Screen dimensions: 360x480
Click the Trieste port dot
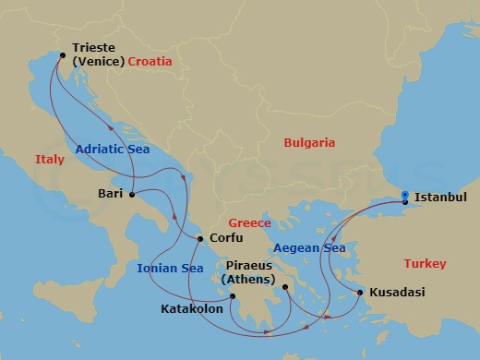tap(62, 55)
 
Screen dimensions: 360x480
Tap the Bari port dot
tap(132, 194)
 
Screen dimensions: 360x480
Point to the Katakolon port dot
tap(233, 296)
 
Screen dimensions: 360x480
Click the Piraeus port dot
tap(286, 287)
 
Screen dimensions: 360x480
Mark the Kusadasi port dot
tap(359, 293)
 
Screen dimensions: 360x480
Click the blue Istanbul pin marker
tap(405, 197)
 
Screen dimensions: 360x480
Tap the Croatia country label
tap(152, 62)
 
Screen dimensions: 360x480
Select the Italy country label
tap(50, 160)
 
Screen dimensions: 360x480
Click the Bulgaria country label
tap(308, 143)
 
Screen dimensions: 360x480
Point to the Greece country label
tap(249, 223)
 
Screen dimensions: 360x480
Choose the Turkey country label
tap(426, 264)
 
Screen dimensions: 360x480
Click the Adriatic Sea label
tap(113, 149)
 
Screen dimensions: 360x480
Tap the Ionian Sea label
tap(170, 269)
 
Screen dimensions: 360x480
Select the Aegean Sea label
tap(309, 248)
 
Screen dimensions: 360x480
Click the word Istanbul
tap(440, 197)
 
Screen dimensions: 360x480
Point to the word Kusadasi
tap(397, 293)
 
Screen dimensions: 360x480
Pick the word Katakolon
tap(192, 308)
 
